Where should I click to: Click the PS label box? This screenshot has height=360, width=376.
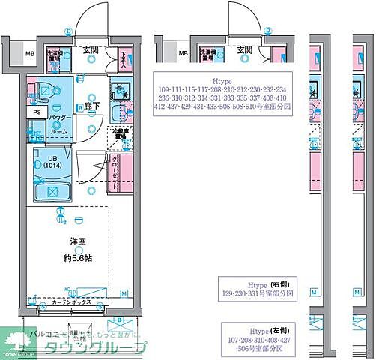[36, 112]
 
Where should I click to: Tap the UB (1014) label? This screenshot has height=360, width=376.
[52, 161]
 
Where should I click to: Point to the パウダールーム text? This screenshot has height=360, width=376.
[60, 124]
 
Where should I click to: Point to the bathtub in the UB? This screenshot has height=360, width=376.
[52, 191]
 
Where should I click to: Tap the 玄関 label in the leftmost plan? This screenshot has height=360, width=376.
[91, 49]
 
